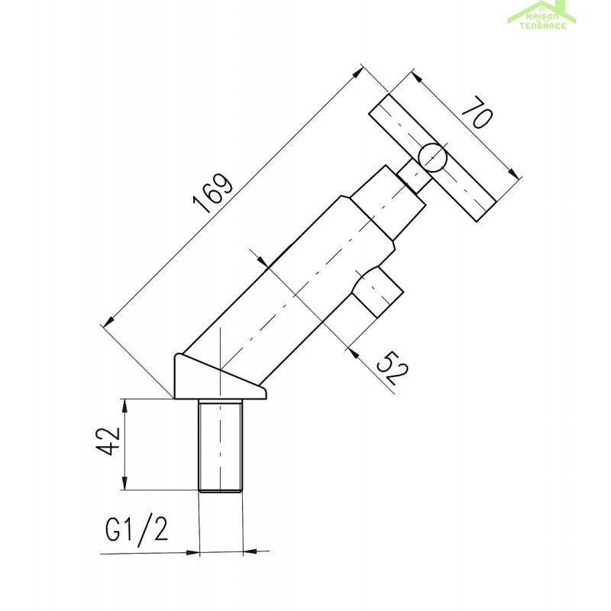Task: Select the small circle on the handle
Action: tap(432, 157)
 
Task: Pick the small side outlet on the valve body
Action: tap(377, 292)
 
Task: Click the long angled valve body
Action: tap(290, 283)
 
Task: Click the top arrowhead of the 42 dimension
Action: tap(124, 402)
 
